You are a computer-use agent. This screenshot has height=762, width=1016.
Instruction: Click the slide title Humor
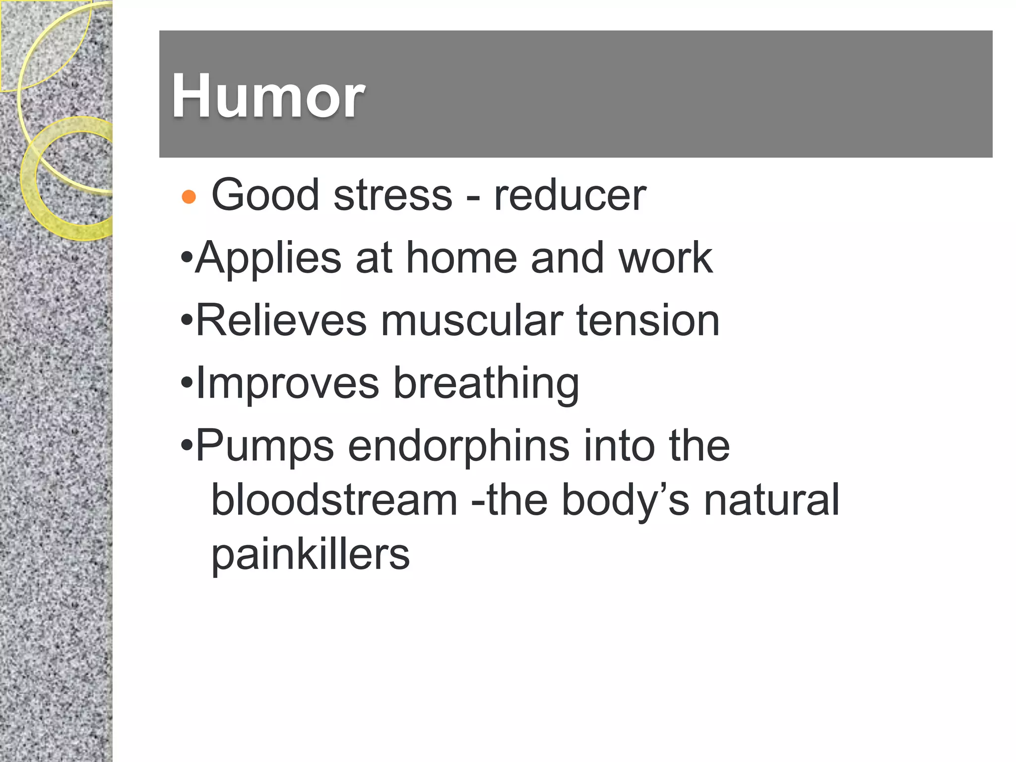(x=268, y=96)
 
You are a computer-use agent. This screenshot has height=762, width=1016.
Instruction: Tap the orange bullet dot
(x=189, y=197)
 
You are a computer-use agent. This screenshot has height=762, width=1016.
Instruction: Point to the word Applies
(x=268, y=258)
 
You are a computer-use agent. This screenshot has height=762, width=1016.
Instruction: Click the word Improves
(x=288, y=383)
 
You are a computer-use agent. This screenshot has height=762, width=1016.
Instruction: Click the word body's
(x=626, y=500)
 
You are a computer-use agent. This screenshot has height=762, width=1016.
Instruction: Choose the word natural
(x=772, y=500)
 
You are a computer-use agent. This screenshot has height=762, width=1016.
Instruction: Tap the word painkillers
(x=311, y=554)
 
